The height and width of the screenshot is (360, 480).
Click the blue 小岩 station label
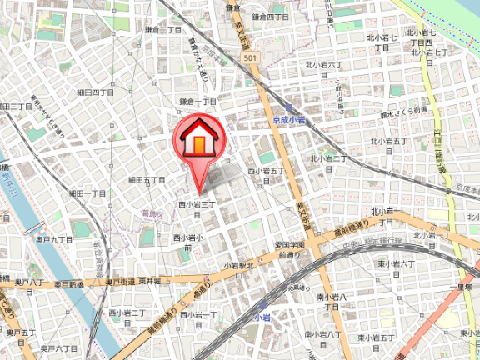[262, 317]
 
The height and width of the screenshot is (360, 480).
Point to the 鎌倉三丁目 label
[163, 30]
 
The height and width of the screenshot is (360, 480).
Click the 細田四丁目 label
[95, 92]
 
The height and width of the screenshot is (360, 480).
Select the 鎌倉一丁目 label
[198, 101]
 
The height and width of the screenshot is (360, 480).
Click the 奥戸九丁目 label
[54, 239]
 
